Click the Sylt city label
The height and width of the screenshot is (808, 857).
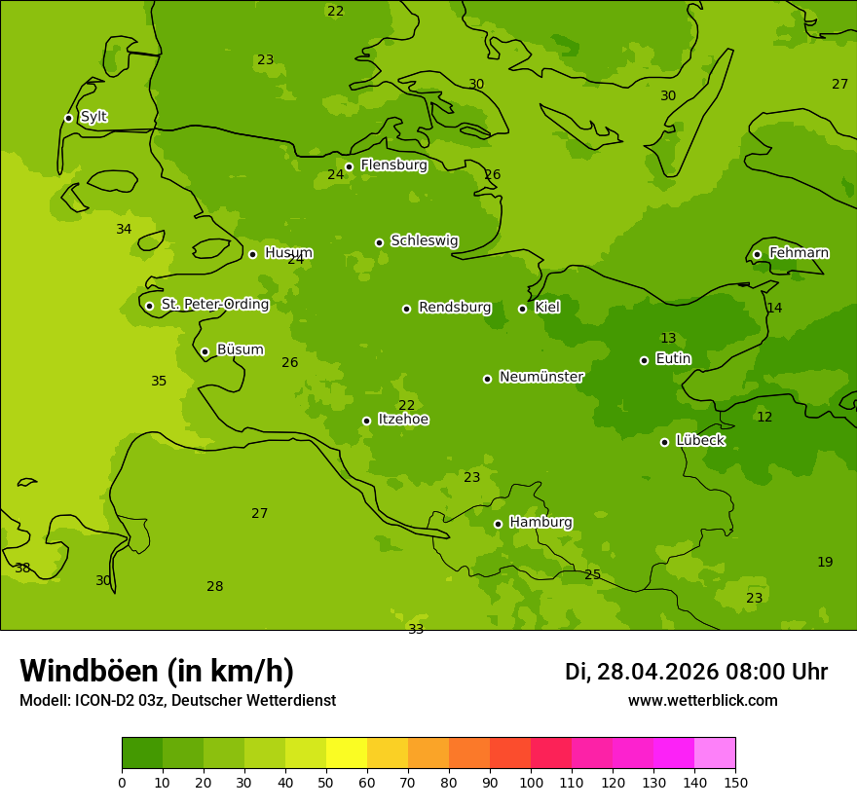point(93,117)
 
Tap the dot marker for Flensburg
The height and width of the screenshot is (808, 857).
point(349,166)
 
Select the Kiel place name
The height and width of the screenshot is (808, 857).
point(547,308)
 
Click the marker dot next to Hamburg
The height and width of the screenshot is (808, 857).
point(498,524)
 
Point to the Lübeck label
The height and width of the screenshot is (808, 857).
point(700,441)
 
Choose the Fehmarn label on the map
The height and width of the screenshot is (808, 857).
point(799,253)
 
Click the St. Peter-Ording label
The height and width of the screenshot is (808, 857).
point(215,305)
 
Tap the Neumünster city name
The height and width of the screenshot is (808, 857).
point(541,377)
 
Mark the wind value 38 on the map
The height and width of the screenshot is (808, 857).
point(22,569)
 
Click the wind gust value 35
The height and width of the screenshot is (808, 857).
point(159,382)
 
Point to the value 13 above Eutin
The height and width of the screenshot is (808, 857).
point(668,339)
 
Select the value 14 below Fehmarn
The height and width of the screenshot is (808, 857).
point(774,309)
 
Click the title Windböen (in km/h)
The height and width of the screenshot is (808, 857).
point(157,671)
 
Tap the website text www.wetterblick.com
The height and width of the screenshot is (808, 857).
point(702,701)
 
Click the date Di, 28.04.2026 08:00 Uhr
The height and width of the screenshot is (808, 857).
point(696,672)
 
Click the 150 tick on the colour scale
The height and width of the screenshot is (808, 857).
point(735,782)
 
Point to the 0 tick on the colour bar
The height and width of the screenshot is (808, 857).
point(122,782)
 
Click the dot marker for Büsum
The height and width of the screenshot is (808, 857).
point(205,351)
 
